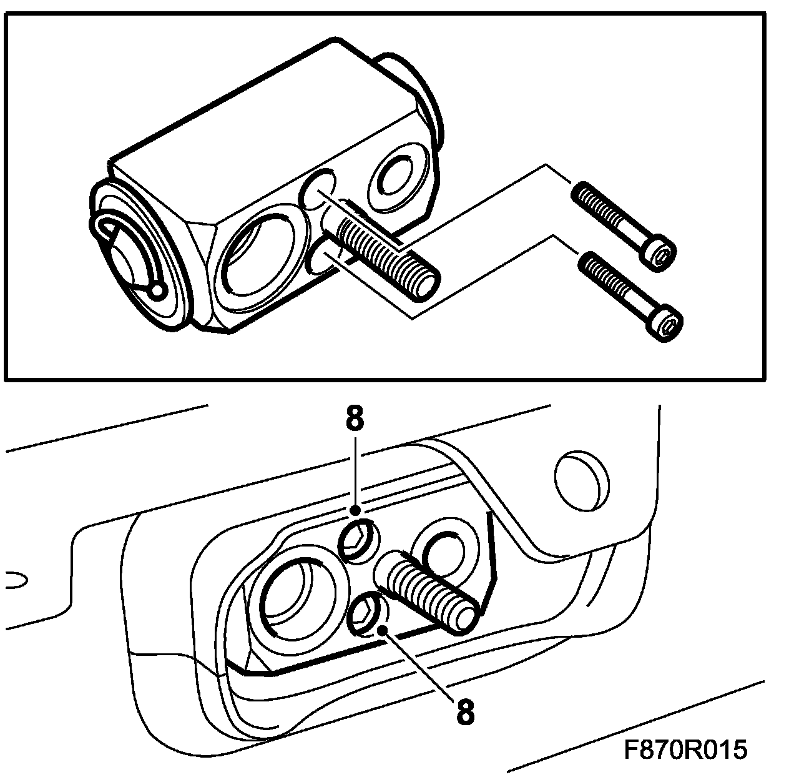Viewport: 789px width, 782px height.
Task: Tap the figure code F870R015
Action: (685, 750)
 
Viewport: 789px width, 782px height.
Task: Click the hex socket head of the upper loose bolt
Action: (662, 254)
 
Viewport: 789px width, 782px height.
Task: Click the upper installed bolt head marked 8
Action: (359, 538)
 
